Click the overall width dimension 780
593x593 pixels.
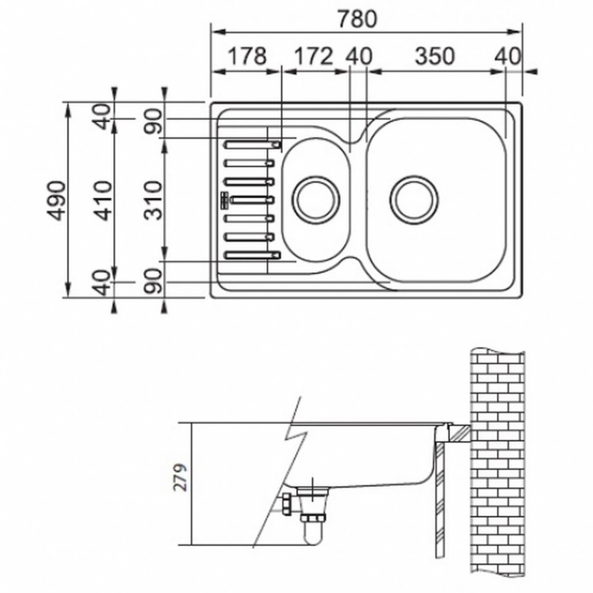coord(357,19)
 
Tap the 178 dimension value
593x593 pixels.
coord(247,56)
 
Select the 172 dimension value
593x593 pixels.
coord(314,56)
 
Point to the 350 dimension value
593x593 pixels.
coord(435,56)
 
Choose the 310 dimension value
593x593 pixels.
coord(153,200)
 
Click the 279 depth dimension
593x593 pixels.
coord(180,477)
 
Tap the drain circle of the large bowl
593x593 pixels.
coord(415,200)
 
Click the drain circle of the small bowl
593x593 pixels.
coord(316,200)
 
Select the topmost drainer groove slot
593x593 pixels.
coord(253,145)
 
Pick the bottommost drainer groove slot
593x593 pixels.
coord(253,255)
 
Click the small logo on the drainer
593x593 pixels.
coord(225,200)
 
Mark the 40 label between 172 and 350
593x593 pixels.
coord(359,56)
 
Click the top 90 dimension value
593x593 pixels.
coord(153,122)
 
